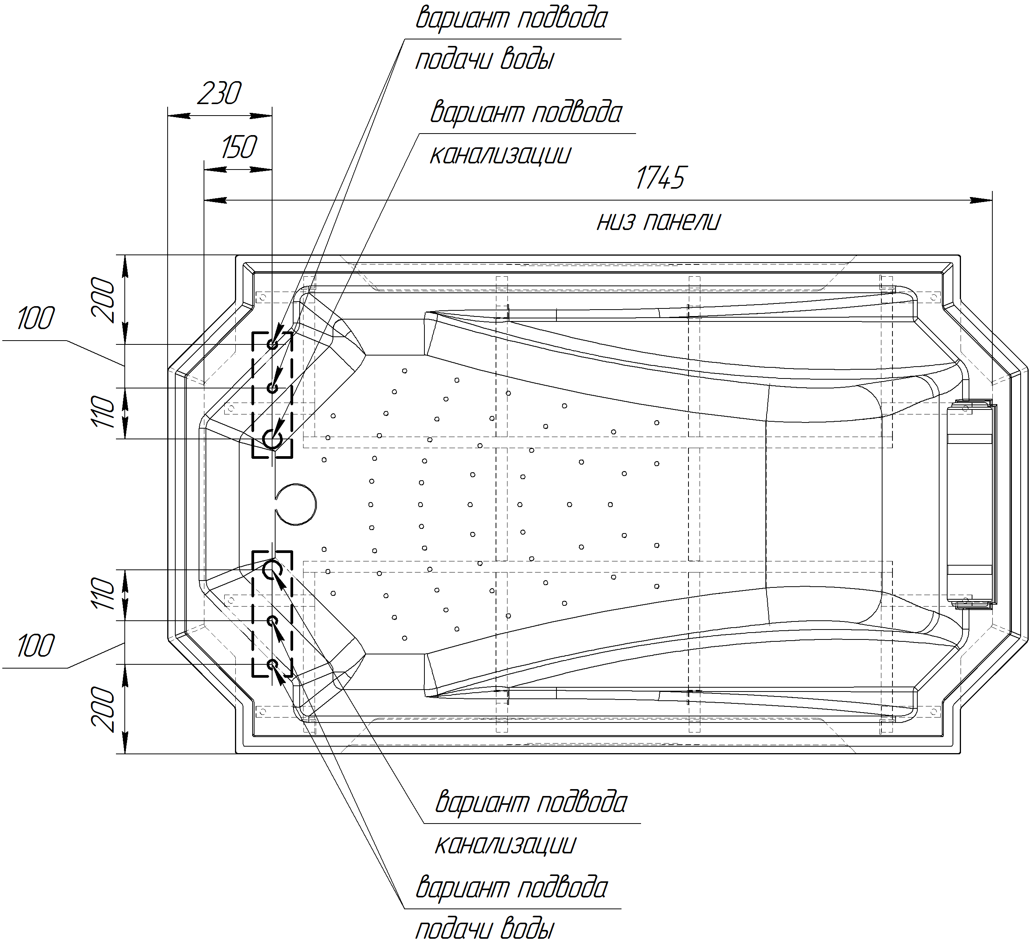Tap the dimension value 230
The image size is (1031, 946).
[219, 94]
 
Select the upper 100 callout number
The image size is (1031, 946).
[35, 319]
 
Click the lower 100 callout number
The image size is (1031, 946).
[35, 646]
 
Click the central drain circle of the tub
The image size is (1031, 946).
[296, 504]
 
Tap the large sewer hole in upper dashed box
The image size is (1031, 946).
[272, 439]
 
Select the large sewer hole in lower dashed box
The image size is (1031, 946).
[272, 569]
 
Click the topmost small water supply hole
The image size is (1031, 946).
[272, 344]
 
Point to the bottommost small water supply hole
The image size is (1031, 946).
[272, 664]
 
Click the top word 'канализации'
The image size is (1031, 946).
[500, 155]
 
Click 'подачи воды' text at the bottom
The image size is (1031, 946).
[484, 929]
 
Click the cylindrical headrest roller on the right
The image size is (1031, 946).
[971, 504]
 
